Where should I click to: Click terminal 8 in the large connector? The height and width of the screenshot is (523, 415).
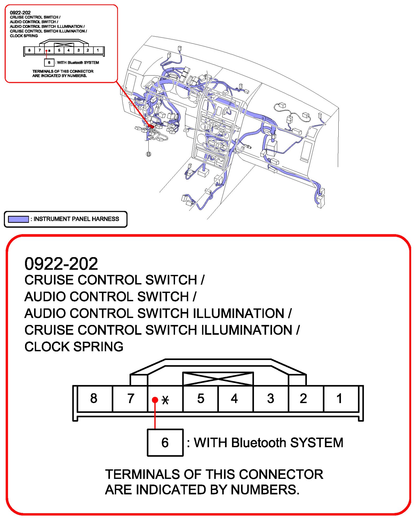[94, 398]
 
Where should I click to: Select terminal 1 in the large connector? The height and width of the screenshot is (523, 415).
[339, 398]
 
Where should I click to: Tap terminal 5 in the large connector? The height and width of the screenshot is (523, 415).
[201, 398]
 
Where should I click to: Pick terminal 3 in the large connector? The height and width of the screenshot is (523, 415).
[270, 398]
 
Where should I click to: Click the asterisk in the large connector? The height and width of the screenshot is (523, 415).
[165, 400]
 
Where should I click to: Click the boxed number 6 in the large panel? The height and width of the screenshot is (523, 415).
[165, 442]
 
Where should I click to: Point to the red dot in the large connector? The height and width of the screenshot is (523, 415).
[155, 400]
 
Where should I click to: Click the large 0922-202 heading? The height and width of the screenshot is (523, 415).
[61, 264]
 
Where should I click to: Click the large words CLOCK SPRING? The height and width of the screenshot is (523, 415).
[74, 347]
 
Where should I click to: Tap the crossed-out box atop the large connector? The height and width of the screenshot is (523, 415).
[218, 379]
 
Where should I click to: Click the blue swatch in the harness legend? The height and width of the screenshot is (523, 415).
[18, 219]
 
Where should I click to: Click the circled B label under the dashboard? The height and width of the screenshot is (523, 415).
[149, 154]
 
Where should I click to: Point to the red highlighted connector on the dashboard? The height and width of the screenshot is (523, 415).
[151, 126]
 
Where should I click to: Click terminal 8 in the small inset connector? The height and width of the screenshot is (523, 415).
[29, 50]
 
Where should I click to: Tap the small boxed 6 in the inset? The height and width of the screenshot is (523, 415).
[49, 63]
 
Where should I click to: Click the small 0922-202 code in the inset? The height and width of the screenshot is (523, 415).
[20, 13]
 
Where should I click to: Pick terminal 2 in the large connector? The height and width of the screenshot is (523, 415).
[303, 398]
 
